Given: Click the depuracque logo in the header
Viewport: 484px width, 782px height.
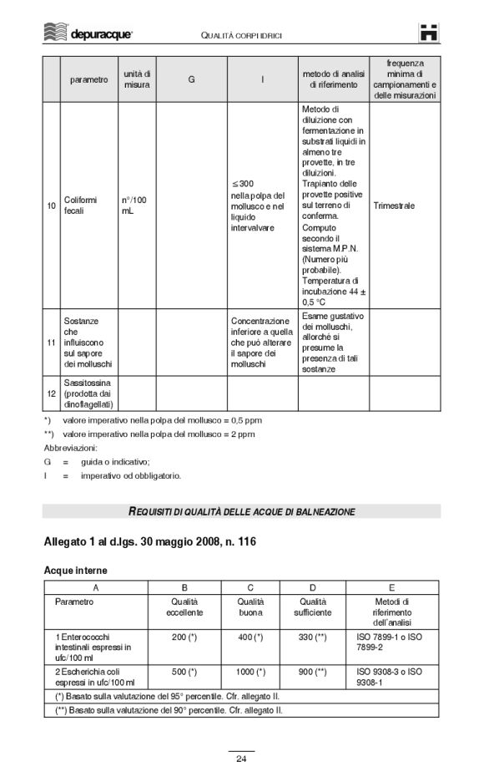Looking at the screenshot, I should (88, 34).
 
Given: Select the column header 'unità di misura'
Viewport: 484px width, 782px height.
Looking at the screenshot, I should (137, 79).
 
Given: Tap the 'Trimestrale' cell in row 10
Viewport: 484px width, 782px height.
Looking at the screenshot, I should (394, 206).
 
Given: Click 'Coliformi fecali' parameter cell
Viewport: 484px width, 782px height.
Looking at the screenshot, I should (81, 206).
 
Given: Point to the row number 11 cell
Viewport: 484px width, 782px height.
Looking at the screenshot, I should (51, 343).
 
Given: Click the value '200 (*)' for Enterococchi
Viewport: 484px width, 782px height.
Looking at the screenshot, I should (184, 637).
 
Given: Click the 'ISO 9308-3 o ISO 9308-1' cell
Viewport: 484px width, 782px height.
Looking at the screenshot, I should (390, 677).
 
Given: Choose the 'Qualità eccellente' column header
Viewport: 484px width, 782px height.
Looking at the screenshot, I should (184, 607).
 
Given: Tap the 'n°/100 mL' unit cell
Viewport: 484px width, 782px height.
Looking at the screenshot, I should (134, 206).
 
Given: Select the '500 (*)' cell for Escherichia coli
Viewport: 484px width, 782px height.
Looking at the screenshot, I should (184, 672).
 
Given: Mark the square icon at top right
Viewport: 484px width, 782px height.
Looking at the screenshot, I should (429, 33).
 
